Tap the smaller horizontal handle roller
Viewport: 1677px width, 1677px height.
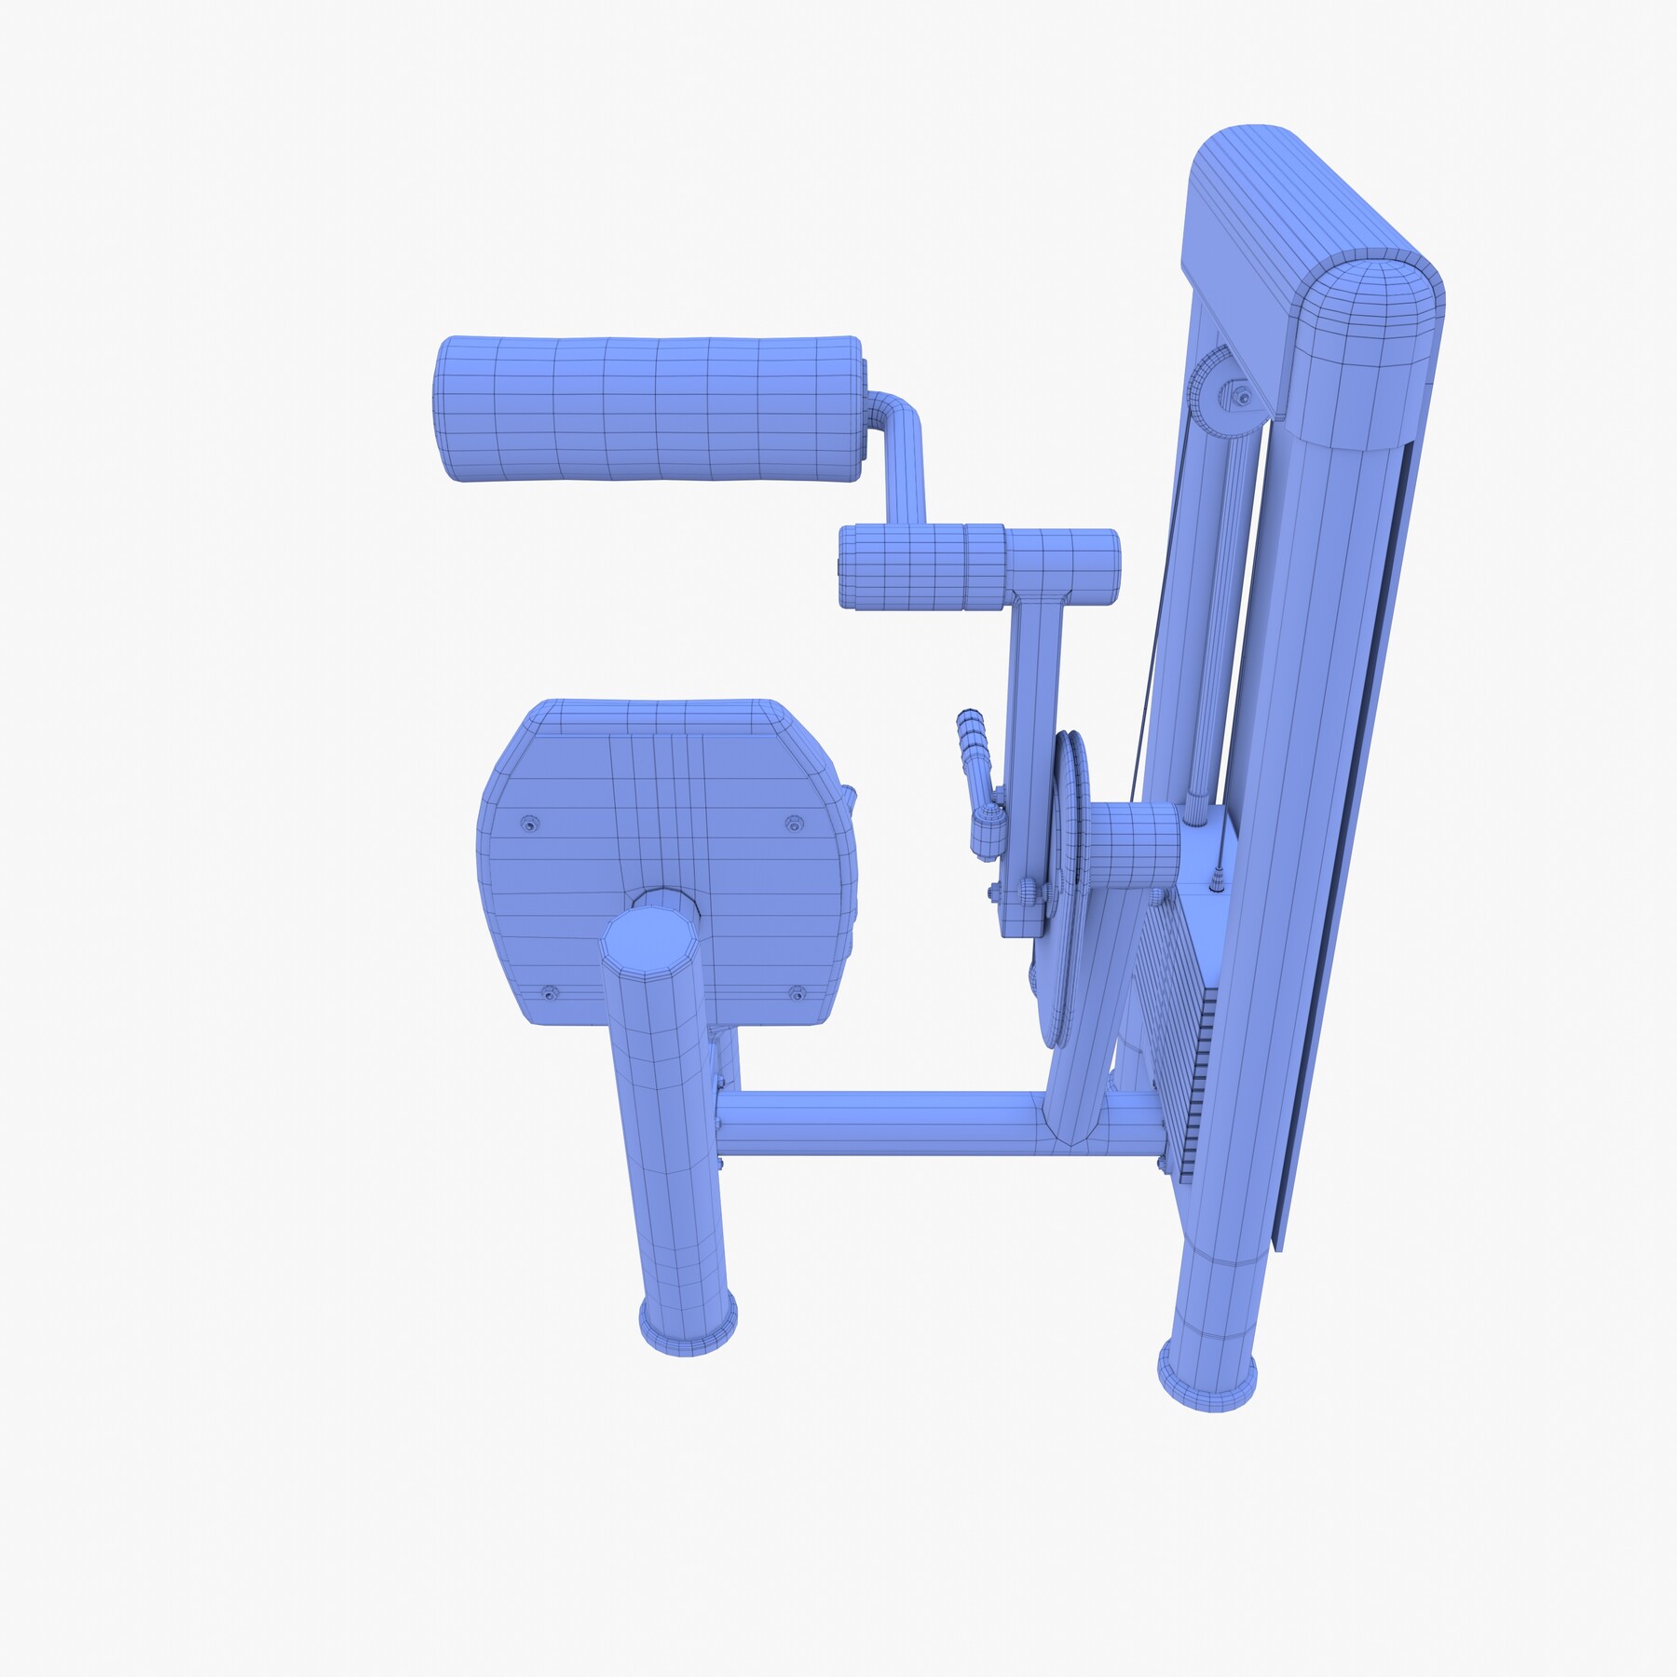coord(978,567)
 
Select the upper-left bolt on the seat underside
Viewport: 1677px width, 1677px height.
coord(530,824)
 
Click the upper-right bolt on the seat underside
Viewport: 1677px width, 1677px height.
coord(794,824)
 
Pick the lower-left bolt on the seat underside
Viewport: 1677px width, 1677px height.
coord(551,993)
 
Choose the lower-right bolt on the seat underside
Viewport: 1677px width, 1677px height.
coord(797,994)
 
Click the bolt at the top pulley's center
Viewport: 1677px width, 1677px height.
coord(1242,398)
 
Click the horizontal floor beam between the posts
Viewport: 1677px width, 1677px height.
coord(885,1123)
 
